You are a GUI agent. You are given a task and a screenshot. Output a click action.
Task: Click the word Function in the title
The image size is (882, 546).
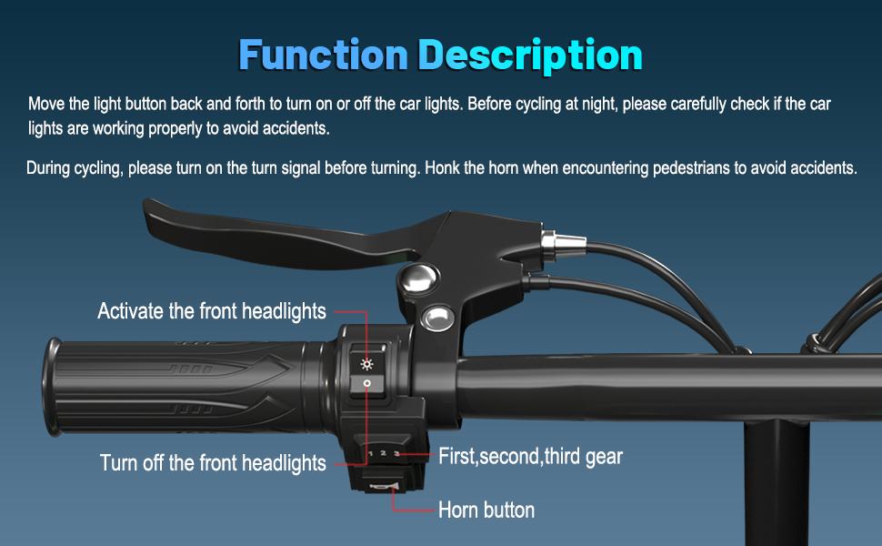(324, 55)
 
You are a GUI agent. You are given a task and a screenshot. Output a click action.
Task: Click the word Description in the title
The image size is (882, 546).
(529, 55)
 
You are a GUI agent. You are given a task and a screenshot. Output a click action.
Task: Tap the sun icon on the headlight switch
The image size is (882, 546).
(367, 363)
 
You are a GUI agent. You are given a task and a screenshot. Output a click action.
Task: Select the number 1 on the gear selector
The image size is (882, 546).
(371, 453)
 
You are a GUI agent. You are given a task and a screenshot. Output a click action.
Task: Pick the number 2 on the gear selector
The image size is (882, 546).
(383, 453)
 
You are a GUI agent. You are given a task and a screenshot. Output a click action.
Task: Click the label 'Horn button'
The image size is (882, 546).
(486, 510)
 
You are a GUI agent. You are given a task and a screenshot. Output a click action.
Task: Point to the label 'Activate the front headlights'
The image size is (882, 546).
(211, 311)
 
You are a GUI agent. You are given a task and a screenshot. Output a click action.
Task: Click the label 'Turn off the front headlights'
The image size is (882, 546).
(213, 462)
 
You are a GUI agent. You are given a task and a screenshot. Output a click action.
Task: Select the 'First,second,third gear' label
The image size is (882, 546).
(530, 456)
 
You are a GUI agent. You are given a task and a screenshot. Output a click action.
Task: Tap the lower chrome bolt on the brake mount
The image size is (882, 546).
(439, 316)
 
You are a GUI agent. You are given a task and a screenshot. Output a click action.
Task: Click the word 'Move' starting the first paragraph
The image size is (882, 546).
(46, 104)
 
